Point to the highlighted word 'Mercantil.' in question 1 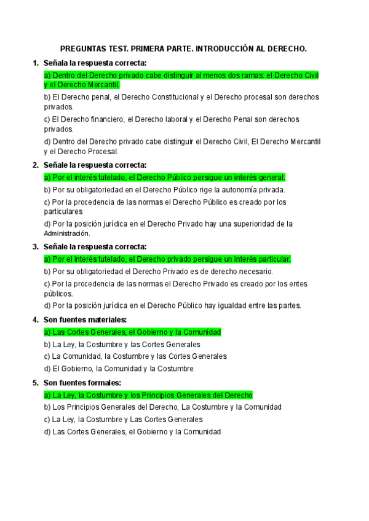104,85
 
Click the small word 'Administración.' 67,233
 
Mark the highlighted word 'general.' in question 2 272,178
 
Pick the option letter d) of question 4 47,369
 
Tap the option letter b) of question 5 47,407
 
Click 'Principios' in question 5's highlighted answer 181,395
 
